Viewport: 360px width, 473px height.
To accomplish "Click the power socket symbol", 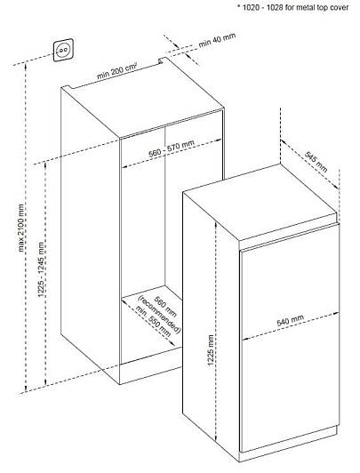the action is click(x=63, y=50).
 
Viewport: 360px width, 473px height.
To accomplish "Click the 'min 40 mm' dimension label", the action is click(x=217, y=40).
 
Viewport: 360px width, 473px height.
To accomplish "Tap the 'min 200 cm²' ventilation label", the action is click(x=117, y=70).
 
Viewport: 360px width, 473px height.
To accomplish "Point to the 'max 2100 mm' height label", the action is click(x=20, y=228).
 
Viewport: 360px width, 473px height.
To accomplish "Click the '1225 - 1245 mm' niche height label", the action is click(x=41, y=269).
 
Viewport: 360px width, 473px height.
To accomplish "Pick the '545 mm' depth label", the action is click(x=316, y=162).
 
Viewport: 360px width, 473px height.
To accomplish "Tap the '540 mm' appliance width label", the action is click(x=291, y=320).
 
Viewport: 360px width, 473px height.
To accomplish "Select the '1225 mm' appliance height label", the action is click(x=211, y=350).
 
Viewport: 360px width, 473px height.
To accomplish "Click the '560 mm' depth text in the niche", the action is click(x=165, y=307).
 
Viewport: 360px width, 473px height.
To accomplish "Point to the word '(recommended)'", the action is click(x=159, y=315).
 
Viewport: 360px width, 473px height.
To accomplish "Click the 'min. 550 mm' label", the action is click(x=153, y=322).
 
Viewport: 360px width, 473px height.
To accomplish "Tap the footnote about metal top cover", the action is click(x=293, y=7).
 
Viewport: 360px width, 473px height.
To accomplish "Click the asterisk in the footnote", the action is click(x=239, y=6).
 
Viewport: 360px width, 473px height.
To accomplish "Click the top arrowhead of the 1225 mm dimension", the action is click(x=216, y=225).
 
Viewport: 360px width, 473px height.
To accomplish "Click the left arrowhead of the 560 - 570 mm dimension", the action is click(x=124, y=165).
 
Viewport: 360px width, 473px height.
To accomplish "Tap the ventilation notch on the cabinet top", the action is click(x=162, y=60).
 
